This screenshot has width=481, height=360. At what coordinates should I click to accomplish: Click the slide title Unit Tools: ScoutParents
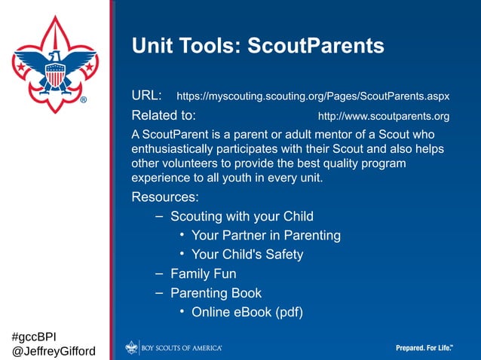point(258,47)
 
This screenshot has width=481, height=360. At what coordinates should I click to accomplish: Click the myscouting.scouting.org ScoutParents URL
point(312,97)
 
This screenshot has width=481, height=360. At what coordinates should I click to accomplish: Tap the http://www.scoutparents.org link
point(383,117)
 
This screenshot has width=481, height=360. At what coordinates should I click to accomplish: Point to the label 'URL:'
point(146,96)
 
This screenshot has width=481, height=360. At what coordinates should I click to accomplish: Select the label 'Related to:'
point(164,116)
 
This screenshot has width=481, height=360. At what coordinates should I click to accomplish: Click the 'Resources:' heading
point(165,197)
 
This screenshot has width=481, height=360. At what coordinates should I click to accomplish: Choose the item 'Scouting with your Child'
point(241,217)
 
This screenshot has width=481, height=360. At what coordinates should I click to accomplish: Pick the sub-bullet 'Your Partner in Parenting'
point(265,236)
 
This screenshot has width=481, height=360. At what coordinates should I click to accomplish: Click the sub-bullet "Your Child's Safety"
point(247,255)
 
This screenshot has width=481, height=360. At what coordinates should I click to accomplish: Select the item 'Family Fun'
point(203,274)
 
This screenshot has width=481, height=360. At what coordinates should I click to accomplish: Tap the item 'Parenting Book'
point(216,293)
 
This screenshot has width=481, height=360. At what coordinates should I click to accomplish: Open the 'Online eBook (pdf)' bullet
point(247,312)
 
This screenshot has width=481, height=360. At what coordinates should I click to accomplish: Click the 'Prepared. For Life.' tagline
point(424,348)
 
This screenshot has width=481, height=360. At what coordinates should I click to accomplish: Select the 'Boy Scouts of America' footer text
point(182,348)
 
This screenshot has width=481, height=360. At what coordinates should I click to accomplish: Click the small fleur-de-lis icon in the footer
point(132,347)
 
